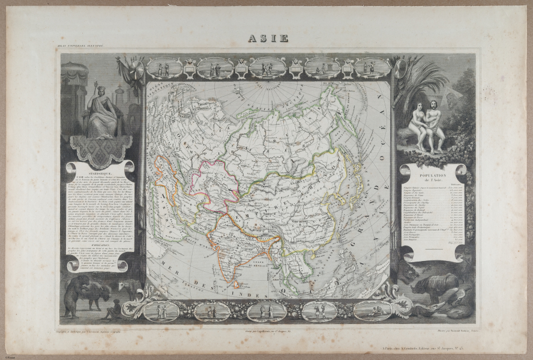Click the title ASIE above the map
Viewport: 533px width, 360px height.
[268, 38]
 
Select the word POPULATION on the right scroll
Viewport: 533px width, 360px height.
[431, 172]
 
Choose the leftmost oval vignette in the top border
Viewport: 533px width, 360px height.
[164, 68]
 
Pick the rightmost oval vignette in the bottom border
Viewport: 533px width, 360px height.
[372, 310]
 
